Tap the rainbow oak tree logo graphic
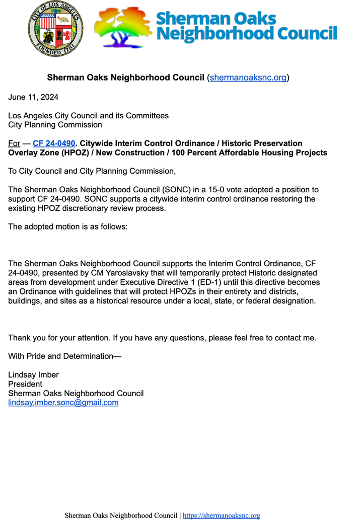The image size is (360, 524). coord(123,28)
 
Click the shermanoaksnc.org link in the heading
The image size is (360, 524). coord(248,78)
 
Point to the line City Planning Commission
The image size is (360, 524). coord(55,125)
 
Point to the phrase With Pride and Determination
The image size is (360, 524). coord(65,356)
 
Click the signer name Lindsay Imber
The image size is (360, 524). coord(34,375)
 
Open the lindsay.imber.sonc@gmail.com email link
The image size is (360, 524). coord(63,403)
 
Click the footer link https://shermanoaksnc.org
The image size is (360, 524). coord(221,515)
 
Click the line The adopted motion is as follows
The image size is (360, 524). coord(68,227)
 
